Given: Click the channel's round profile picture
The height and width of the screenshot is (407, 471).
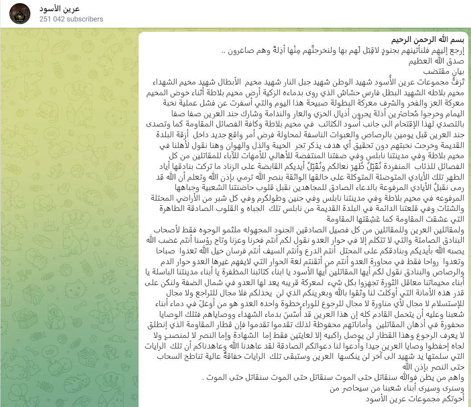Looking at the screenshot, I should click(20, 14).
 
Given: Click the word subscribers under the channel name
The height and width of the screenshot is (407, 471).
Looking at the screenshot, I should click(88, 19).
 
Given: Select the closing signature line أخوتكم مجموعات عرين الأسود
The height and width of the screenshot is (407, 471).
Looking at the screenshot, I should click(415, 398).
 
